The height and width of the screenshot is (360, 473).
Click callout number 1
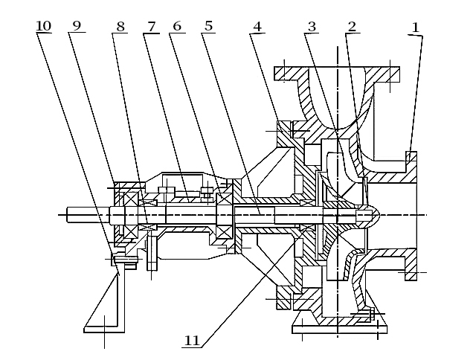tap(416, 27)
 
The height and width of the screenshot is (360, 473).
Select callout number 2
tap(352, 27)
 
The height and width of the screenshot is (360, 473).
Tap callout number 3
tap(312, 27)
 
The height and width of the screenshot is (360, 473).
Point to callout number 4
tap(257, 27)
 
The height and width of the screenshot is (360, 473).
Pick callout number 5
tap(208, 27)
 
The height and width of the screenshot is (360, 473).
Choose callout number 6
tap(176, 27)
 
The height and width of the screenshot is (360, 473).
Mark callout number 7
tap(152, 27)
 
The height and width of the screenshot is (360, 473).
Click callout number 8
tap(120, 27)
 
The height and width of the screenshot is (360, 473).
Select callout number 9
tap(76, 27)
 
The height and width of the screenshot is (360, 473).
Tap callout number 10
tap(43, 27)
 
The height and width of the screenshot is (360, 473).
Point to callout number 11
tap(192, 341)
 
